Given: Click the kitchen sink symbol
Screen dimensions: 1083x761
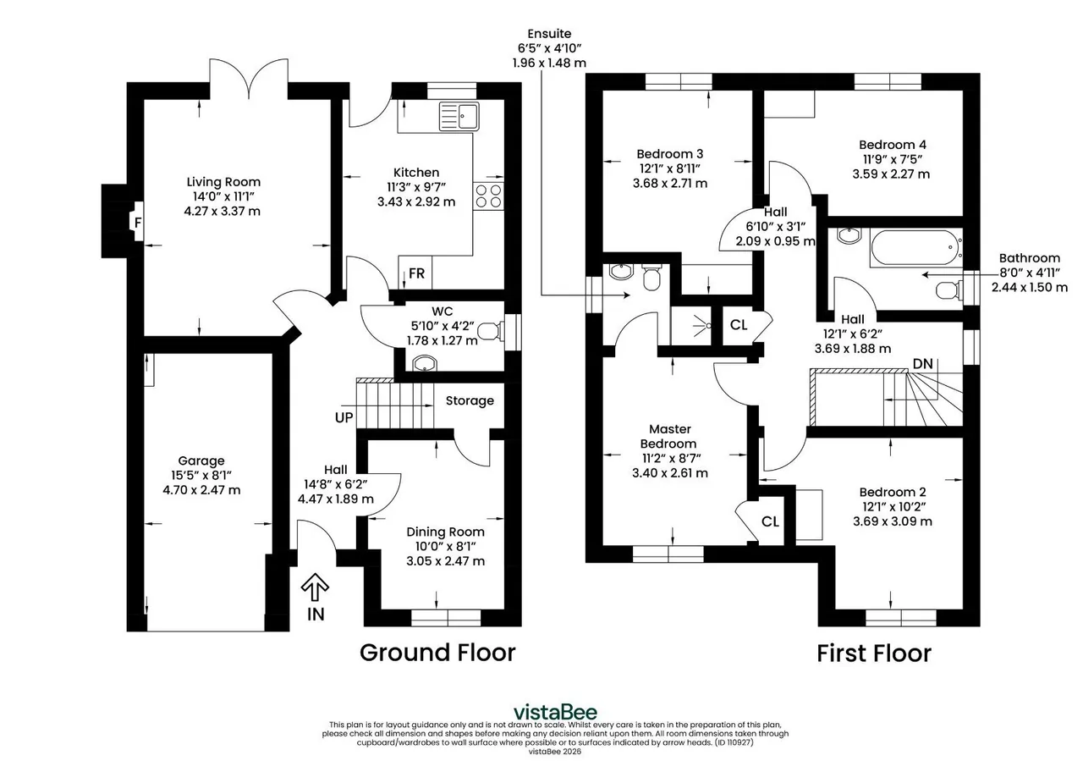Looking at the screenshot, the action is coord(459,116).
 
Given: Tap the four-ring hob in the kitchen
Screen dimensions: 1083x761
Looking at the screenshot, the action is coord(488,196).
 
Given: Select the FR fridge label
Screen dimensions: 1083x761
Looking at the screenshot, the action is coord(416,273).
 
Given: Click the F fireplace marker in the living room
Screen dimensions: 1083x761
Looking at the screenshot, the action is coord(138,222).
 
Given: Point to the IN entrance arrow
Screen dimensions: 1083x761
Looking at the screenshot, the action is coord(315,587).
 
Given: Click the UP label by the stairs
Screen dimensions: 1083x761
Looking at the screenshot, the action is coord(344,417).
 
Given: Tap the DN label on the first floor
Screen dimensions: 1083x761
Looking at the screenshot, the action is coord(922,364).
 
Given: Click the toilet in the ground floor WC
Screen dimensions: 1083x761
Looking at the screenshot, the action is coord(491,331).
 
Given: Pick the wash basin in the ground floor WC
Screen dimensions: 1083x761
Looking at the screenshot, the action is coord(425,363).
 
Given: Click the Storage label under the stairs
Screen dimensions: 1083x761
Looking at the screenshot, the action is coord(470,400).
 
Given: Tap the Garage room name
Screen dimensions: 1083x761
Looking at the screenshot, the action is coord(201,460).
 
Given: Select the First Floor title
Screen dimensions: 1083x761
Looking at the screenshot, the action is coord(874,653).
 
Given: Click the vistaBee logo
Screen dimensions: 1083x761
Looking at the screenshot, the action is coord(555,712).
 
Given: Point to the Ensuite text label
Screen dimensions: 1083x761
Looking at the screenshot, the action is coord(549,33).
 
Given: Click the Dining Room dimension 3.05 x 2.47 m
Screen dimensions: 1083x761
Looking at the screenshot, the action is coord(445,561).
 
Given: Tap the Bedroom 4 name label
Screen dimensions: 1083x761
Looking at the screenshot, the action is coord(893,145).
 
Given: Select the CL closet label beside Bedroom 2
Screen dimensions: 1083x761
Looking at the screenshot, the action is coord(770,521).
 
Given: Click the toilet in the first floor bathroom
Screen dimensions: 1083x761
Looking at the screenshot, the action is coord(948,290).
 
